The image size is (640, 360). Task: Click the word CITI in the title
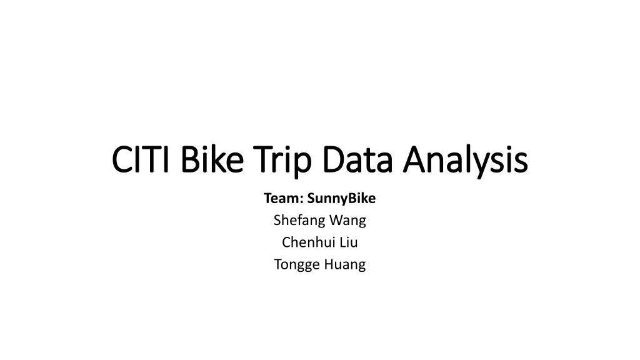141,159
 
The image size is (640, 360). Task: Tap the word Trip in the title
282,161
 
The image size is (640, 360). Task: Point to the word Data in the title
357,159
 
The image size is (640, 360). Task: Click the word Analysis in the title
465,161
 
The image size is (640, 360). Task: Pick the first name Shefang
299,221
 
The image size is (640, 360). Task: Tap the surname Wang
347,221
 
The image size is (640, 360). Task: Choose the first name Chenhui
308,242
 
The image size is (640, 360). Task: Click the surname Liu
348,242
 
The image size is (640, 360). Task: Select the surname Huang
344,265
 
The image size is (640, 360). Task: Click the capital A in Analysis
414,159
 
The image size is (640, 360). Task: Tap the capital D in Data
334,159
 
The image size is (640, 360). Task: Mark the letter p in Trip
304,166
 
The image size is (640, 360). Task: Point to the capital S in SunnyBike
311,198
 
